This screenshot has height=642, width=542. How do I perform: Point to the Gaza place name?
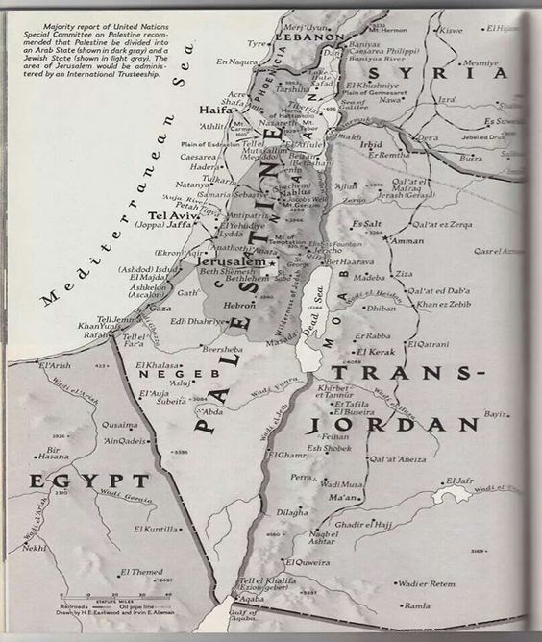[x=158, y=309]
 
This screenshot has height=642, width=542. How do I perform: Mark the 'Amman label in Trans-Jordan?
[x=408, y=240]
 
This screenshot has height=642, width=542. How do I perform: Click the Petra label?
[x=303, y=477]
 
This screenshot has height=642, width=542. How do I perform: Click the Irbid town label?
[x=371, y=145]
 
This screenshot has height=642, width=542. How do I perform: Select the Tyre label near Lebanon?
[x=258, y=44]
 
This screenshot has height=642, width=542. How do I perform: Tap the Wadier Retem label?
[x=427, y=583]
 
